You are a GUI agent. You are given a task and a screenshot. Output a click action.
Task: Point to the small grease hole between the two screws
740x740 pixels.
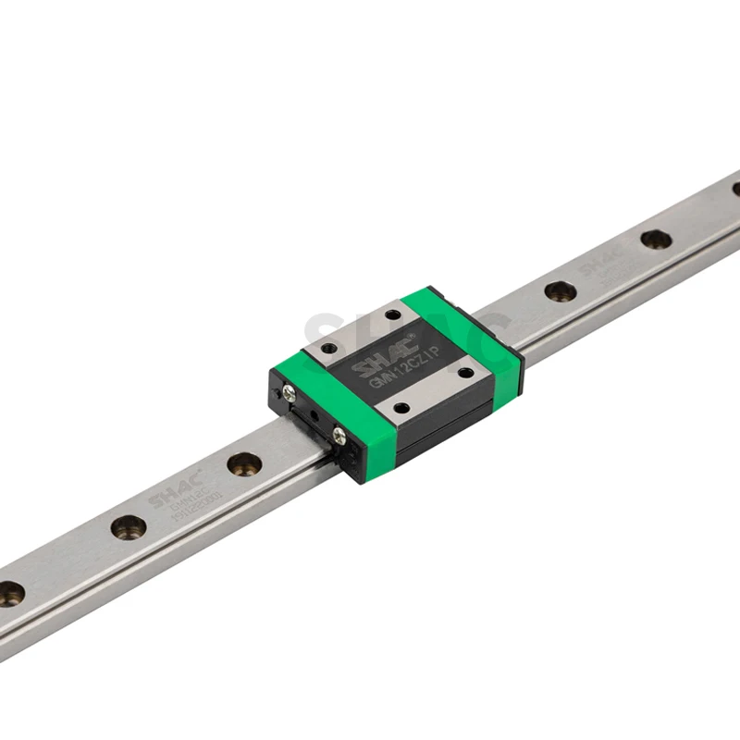(316, 414)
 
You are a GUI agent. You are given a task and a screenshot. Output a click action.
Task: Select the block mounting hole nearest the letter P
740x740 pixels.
(465, 373)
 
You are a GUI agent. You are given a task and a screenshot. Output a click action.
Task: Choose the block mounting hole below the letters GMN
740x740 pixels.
(401, 407)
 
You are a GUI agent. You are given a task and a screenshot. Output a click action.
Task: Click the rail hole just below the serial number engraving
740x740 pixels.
(129, 527)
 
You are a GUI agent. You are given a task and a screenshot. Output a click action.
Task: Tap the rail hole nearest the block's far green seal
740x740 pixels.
(560, 291)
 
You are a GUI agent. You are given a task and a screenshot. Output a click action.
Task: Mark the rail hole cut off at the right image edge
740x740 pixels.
(736, 190)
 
